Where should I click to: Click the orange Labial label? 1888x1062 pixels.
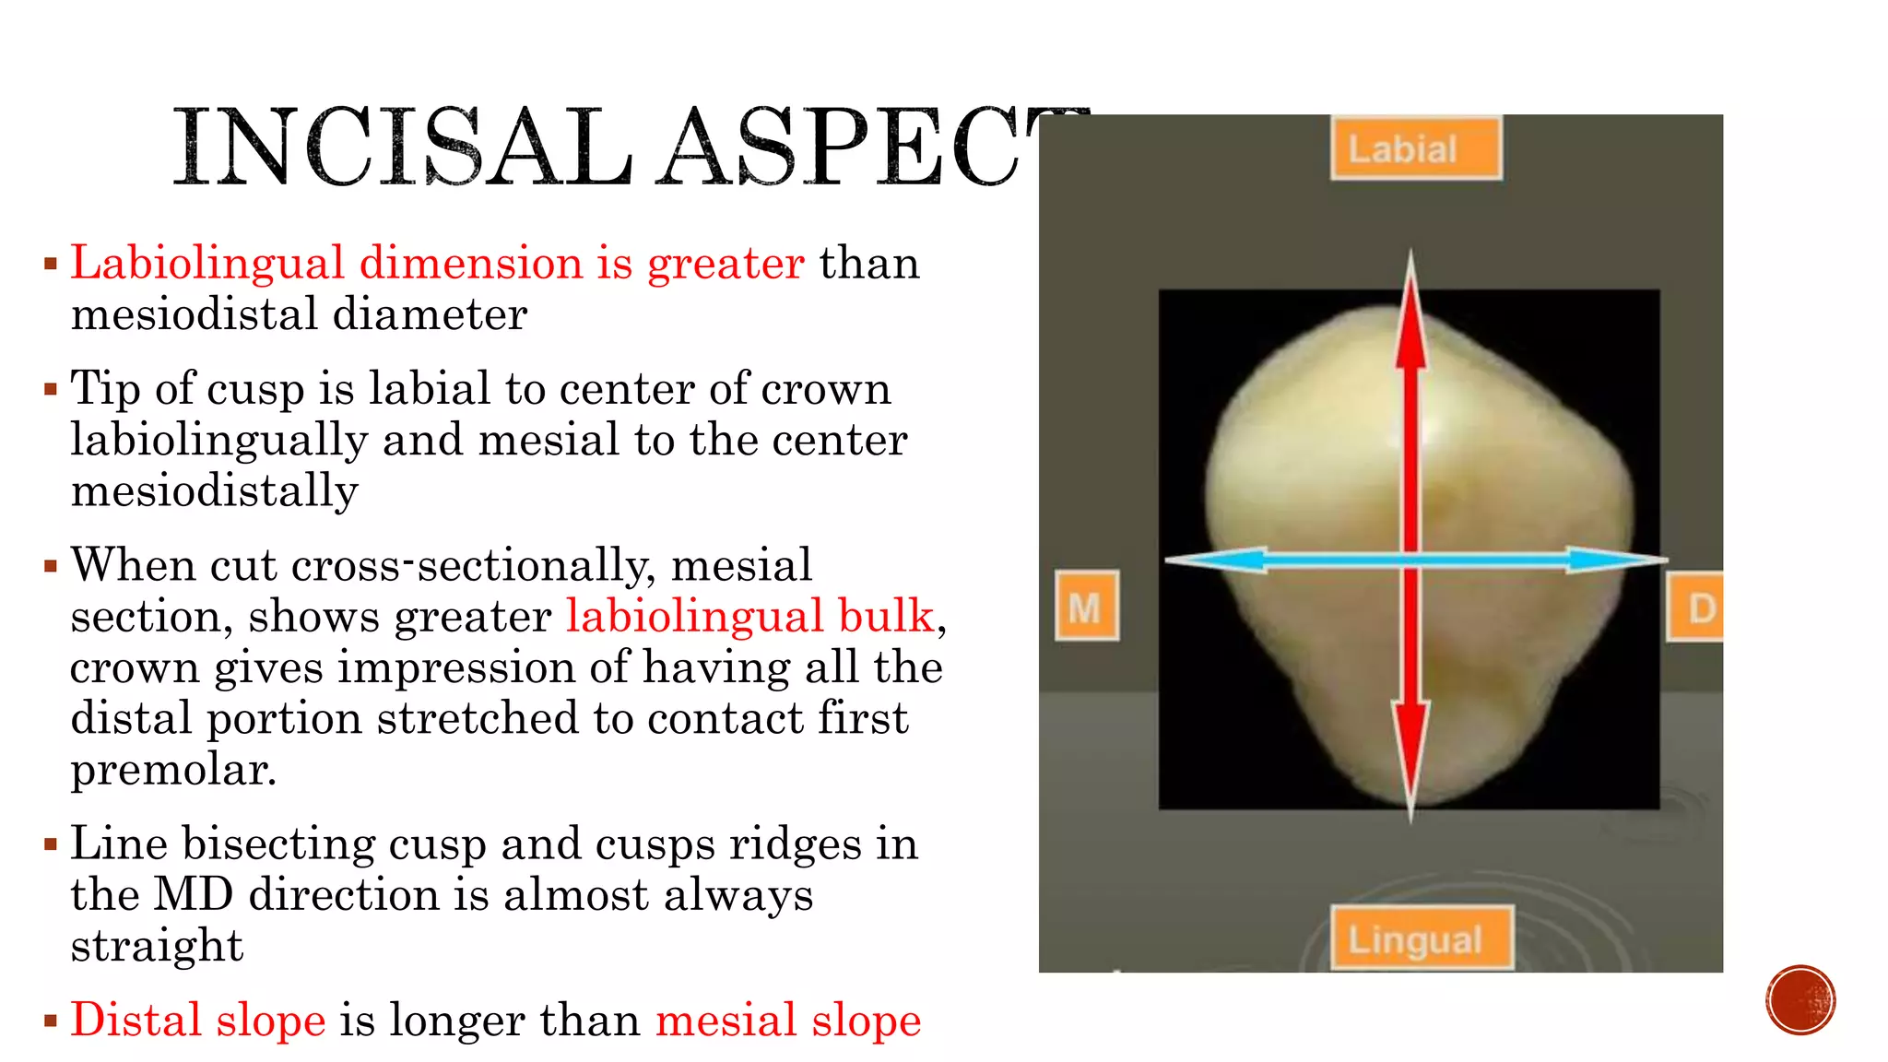[x=1415, y=148]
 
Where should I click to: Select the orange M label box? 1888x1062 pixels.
[x=1087, y=607]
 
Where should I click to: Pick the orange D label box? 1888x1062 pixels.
[x=1696, y=608]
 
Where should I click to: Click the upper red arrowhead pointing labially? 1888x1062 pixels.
[x=1410, y=313]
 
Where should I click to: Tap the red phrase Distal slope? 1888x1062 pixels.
[x=198, y=1021]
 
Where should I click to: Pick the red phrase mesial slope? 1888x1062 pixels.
[x=788, y=1021]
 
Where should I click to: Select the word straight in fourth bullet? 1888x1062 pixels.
[x=157, y=947]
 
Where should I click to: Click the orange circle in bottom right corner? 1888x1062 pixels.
[x=1800, y=999]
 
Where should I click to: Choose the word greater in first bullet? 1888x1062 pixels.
[x=726, y=265]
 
